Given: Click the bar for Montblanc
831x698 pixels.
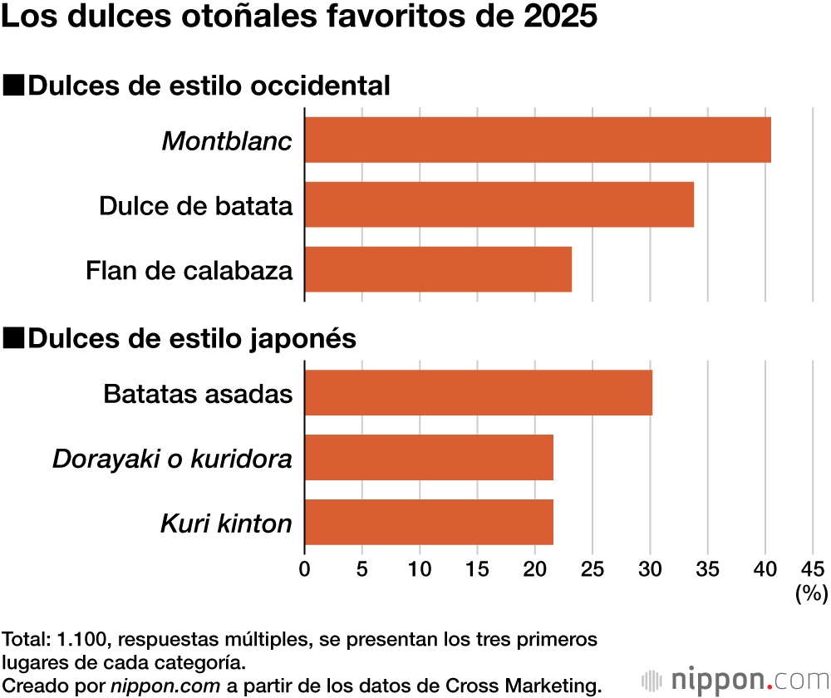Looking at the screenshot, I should click(538, 140).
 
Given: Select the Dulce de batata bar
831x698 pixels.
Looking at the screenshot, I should click(499, 204).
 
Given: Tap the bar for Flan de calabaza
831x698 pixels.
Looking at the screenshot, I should click(438, 269).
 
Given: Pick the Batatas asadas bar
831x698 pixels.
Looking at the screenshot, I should click(478, 392).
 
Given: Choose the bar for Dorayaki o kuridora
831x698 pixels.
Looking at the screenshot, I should click(429, 457).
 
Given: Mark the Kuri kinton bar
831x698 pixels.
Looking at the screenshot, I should click(429, 522).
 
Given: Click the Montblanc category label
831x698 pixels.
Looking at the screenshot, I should click(227, 140).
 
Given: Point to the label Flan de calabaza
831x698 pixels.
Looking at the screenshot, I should click(189, 270).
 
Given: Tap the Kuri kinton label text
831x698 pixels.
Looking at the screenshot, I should click(226, 523).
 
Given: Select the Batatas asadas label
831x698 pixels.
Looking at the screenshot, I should click(198, 393).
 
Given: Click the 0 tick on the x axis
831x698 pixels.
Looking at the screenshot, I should click(305, 569).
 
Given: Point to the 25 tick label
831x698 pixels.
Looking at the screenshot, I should click(592, 569).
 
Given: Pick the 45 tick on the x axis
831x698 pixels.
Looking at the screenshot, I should click(813, 569).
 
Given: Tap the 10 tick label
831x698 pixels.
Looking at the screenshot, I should click(420, 569).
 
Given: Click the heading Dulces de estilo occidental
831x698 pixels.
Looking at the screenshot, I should click(209, 86).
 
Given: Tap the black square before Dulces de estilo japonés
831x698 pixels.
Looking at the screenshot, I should click(14, 338).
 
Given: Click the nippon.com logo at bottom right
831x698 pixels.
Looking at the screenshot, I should click(736, 679).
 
